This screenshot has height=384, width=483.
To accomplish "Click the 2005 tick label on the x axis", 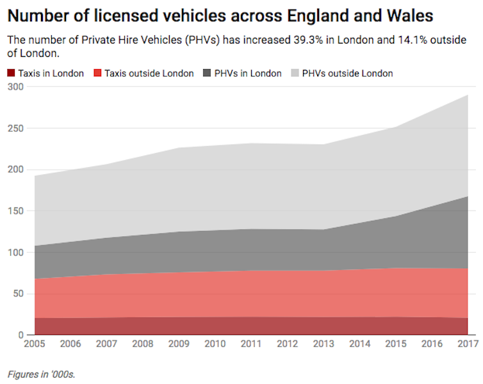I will pos(35,344).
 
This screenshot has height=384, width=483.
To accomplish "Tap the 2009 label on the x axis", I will pos(179,344).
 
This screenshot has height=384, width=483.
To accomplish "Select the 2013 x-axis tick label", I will pos(323,344).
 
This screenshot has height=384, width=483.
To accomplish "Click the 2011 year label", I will pos(250,344).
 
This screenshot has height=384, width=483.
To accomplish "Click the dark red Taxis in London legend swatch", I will pos(12,73).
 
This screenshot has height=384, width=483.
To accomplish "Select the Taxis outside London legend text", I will pos(149,73).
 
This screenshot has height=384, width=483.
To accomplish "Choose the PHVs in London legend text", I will pos(248,73).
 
